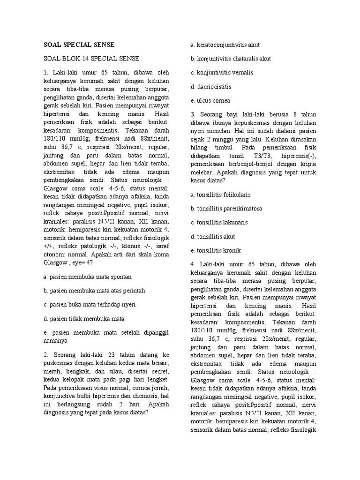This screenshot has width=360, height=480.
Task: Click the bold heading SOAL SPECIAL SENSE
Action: (79, 45)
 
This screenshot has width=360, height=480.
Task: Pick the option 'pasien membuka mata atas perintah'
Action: (94, 291)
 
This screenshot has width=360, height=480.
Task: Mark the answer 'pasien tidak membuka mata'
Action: (83, 319)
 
